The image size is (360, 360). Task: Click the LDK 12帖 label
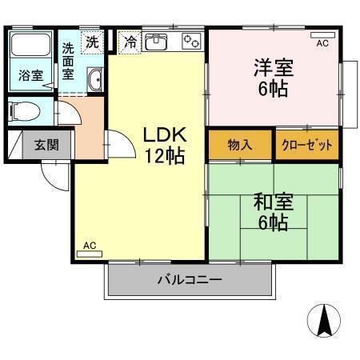click(x=164, y=144)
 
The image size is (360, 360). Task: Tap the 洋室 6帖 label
click(x=274, y=77)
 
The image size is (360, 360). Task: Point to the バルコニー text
click(x=189, y=280)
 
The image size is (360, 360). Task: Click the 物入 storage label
click(x=240, y=146)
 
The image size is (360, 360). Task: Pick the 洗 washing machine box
click(x=93, y=41)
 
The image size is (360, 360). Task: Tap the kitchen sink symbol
click(x=157, y=40)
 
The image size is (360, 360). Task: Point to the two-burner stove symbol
click(x=191, y=40)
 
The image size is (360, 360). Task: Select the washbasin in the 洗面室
click(x=94, y=78)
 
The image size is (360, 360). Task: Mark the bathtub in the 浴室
click(x=32, y=48)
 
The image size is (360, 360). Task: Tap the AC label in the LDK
click(x=89, y=248)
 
